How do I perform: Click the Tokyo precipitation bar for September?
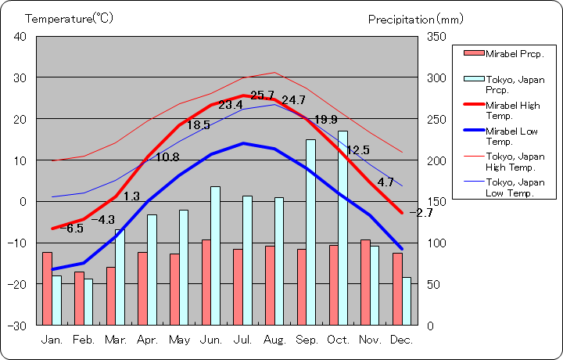(x=310, y=232)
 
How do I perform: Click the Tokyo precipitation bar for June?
(x=215, y=255)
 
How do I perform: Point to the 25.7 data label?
(x=263, y=95)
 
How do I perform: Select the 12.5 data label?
(x=357, y=150)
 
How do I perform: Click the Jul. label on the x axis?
(x=243, y=340)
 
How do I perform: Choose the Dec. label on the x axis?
(x=402, y=340)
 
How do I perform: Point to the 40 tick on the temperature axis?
(x=20, y=37)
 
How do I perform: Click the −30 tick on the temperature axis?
(x=17, y=325)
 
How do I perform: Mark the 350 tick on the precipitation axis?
(x=436, y=37)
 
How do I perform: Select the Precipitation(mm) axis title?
(x=415, y=18)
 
